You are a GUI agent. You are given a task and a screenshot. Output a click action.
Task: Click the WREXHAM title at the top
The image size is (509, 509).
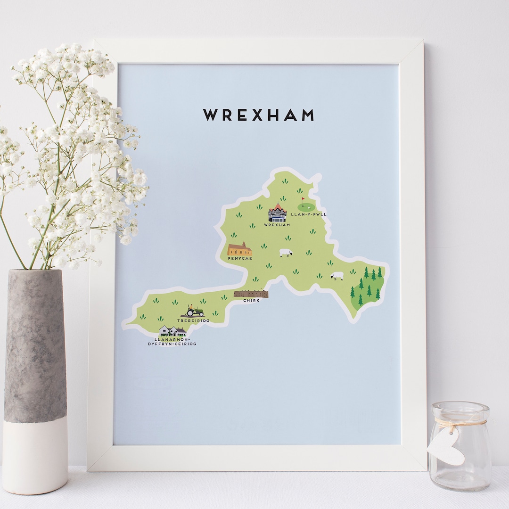click(258, 115)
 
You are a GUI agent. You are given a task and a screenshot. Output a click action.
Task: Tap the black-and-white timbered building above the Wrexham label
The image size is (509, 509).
click(277, 213)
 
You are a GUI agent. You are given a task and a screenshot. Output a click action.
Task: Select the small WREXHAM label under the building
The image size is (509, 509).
click(277, 225)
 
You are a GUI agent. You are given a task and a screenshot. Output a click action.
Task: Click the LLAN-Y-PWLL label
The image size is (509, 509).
click(309, 214)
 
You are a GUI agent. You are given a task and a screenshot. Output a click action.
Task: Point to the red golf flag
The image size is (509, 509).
click(303, 199)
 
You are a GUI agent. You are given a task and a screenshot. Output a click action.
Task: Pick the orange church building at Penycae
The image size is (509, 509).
click(240, 249)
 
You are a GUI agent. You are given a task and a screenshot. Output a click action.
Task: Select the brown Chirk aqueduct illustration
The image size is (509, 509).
click(251, 294)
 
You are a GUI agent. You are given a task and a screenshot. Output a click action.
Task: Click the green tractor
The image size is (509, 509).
click(195, 311)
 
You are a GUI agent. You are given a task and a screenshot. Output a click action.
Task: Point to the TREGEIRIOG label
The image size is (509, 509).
click(193, 320)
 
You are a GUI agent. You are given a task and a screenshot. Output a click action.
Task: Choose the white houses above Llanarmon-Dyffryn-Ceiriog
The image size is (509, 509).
click(172, 331)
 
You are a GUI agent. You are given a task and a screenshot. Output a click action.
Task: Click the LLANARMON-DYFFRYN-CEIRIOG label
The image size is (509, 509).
click(172, 341)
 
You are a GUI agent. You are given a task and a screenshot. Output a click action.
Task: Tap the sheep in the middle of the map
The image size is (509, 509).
click(286, 253)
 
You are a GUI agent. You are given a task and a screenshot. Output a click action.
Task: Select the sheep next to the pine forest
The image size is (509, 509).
click(337, 275)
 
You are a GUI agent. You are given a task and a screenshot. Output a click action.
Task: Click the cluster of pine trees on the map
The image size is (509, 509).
click(367, 286)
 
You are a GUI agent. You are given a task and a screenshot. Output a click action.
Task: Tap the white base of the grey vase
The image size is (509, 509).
click(35, 455)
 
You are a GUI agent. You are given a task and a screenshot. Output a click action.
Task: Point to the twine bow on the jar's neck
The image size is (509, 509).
click(453, 423)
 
